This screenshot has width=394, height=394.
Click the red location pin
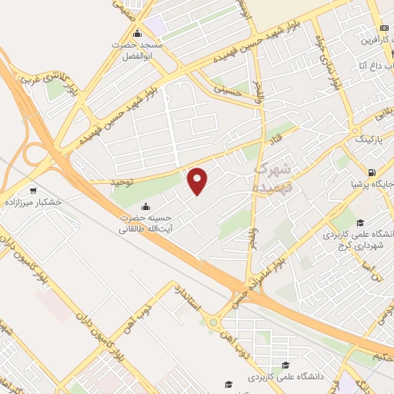click(198, 180)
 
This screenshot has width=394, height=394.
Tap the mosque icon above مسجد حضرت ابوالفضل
click(138, 33)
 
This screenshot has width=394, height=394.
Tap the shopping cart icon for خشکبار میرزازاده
click(32, 190)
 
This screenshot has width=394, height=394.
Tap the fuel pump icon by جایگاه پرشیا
click(372, 173)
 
